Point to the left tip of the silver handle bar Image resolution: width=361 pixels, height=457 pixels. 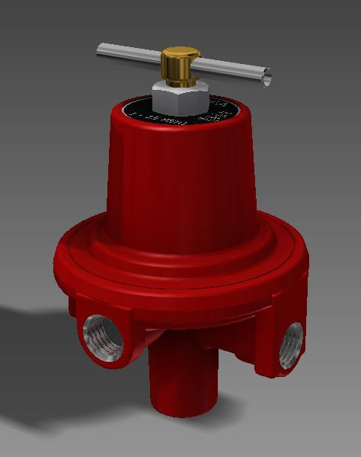click(x=101, y=53)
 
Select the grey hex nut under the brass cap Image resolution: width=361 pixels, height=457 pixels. click(x=180, y=97)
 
